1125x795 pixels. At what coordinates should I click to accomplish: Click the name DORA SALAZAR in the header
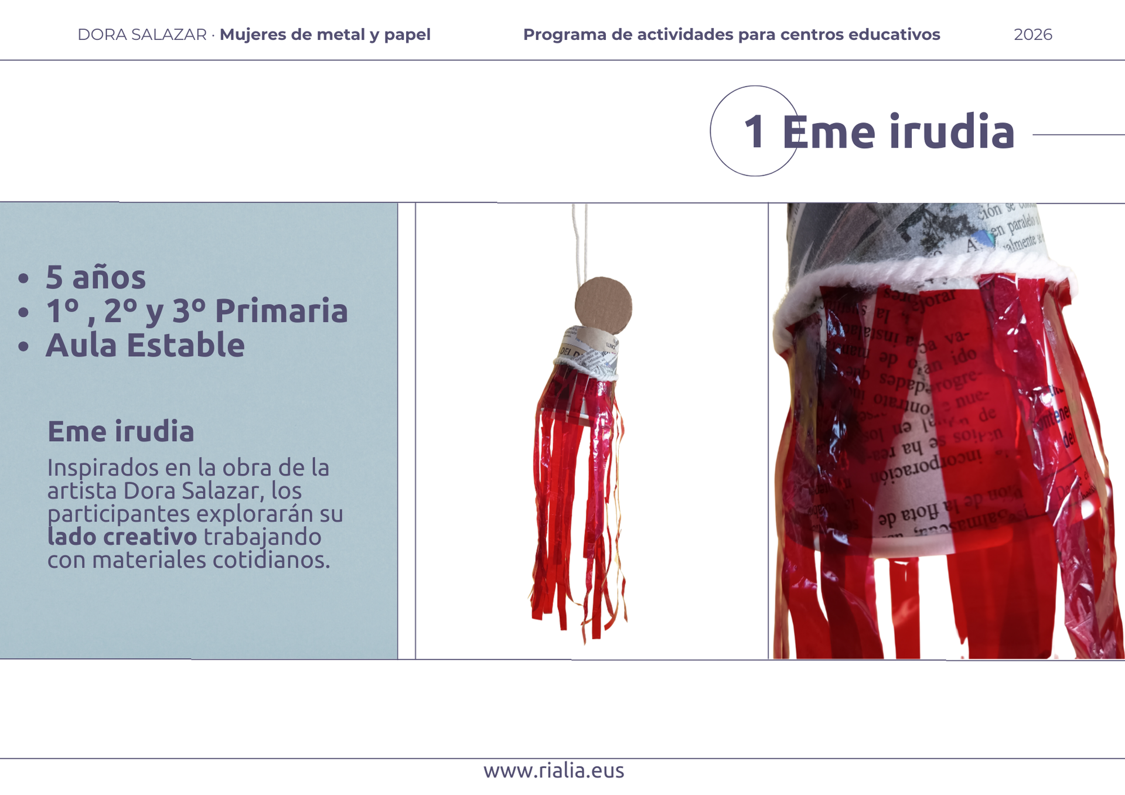coord(142,35)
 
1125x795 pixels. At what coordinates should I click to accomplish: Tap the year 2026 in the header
coord(1032,35)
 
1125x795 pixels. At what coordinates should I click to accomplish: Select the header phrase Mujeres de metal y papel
coord(325,35)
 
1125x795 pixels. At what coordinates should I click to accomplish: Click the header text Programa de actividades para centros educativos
coord(731,35)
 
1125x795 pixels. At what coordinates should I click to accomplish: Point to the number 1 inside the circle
coord(754,132)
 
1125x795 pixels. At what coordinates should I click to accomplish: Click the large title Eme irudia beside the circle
coord(898,132)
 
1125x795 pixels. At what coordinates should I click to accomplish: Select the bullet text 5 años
coord(96,277)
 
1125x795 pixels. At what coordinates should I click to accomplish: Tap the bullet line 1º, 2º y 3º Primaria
coord(196,311)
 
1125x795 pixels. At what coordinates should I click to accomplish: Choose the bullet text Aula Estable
coord(145,344)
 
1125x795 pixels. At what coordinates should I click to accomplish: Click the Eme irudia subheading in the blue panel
coord(121,431)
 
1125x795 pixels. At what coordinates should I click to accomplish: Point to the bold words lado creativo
coord(122,537)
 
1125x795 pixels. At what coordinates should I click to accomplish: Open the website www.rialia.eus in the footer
coord(554,770)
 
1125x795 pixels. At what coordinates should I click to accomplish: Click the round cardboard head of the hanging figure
coord(603,306)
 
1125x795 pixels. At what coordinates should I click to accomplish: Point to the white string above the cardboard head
coord(580,240)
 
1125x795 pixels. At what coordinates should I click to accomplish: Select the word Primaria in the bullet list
coord(281,311)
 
